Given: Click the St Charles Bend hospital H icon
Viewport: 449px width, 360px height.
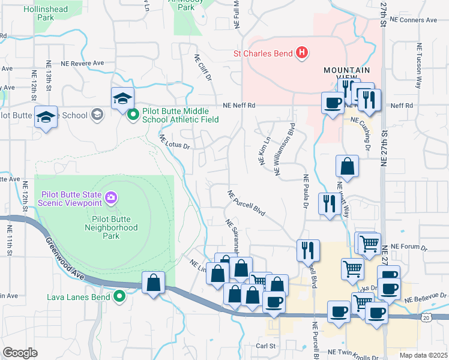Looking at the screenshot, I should pos(302,53).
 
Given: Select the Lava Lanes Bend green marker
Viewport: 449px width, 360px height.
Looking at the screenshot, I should pos(120,296).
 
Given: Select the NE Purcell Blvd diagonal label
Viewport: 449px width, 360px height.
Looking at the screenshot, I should pos(246,203).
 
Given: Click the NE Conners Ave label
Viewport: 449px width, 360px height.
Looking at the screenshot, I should pos(414,20).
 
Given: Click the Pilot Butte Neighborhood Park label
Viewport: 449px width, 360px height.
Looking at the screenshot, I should pos(111,223).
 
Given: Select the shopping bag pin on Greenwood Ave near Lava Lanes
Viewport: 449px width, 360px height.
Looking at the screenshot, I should pos(153,282).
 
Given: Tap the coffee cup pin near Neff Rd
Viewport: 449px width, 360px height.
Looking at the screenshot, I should pos(332,103).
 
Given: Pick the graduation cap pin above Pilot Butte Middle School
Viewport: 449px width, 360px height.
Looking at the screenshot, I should pos(122,98).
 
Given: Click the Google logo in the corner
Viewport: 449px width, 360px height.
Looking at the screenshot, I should pos(20,353).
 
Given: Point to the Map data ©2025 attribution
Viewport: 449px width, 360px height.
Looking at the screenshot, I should pos(423,355).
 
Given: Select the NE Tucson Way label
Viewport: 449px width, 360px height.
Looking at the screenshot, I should pos(418,66).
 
